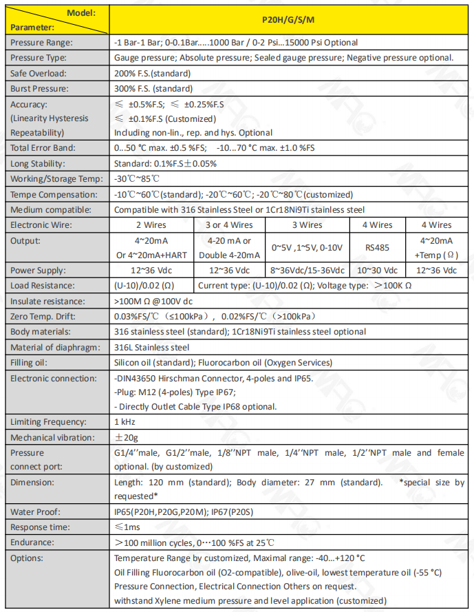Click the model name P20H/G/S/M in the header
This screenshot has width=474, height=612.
click(x=290, y=21)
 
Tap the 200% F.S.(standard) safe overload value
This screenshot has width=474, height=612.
click(x=152, y=73)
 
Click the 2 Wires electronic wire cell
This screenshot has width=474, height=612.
click(x=152, y=224)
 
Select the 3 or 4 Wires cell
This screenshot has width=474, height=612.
click(x=228, y=224)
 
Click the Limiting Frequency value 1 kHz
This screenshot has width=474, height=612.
click(x=125, y=421)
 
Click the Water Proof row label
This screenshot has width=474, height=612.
click(x=36, y=511)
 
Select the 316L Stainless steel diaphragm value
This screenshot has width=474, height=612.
click(x=151, y=347)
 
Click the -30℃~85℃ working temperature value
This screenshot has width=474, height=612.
click(x=135, y=179)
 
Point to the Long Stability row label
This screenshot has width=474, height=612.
click(x=38, y=164)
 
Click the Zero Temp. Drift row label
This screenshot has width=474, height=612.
click(x=42, y=316)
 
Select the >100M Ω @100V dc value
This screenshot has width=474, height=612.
click(x=153, y=301)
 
